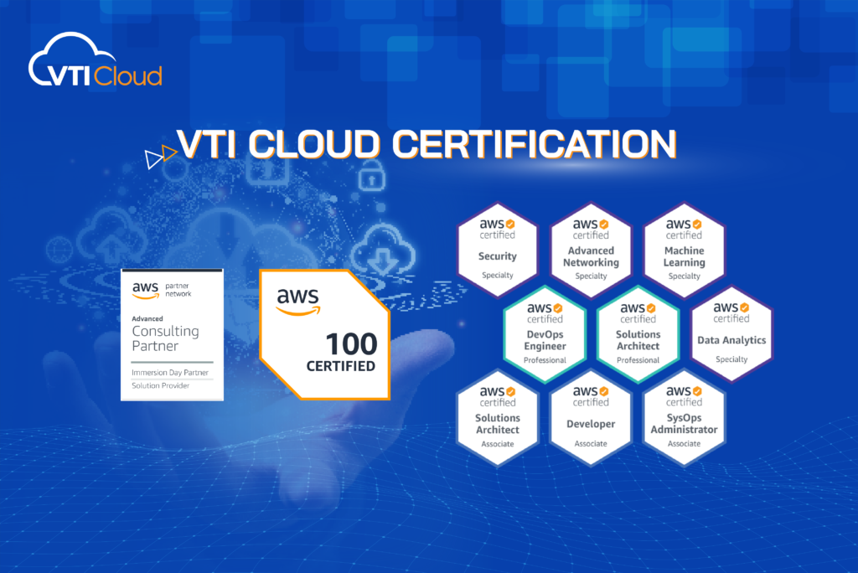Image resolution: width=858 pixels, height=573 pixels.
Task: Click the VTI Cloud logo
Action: click(96, 60)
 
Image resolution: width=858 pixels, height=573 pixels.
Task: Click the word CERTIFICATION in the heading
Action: click(534, 144)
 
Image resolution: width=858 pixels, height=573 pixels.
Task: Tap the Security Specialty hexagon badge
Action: click(498, 250)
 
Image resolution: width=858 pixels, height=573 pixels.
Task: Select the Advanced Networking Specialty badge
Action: click(591, 250)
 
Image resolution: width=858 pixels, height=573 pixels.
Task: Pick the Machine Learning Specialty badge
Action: click(684, 250)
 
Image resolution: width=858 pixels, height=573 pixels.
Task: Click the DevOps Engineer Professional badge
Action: click(545, 334)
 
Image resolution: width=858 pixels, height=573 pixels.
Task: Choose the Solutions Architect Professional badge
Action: click(638, 334)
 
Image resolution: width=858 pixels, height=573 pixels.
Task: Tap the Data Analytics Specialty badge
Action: click(731, 334)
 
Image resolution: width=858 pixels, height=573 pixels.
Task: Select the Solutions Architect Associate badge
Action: click(498, 417)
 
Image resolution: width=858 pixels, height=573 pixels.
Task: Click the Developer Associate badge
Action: click(591, 417)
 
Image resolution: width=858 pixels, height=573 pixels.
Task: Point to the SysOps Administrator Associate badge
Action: click(684, 417)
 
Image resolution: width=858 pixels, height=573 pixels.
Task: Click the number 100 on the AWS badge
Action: click(351, 344)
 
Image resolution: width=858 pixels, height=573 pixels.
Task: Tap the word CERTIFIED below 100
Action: click(341, 366)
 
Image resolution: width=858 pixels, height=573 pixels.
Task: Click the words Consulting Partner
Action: click(165, 338)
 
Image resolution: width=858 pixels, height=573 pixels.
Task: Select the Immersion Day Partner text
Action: click(170, 372)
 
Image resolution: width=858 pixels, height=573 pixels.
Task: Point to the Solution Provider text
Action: click(160, 385)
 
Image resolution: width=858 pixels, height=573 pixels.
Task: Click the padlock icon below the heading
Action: click(371, 176)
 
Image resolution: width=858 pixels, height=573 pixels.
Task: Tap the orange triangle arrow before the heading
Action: click(169, 152)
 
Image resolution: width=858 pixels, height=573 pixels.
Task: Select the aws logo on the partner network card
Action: click(146, 290)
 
